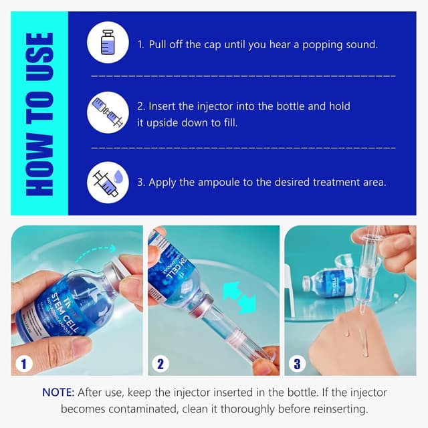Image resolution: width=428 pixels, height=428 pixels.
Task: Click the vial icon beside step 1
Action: [x=108, y=42]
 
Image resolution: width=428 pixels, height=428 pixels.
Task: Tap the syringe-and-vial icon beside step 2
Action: [x=108, y=112]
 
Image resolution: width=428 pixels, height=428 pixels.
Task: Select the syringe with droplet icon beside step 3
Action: [x=108, y=182]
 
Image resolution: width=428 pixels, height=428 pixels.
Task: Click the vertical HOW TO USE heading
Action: [x=39, y=114]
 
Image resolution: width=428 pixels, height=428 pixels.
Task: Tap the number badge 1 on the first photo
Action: [x=23, y=364]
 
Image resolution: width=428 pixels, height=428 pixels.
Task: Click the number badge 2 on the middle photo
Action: [x=160, y=364]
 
